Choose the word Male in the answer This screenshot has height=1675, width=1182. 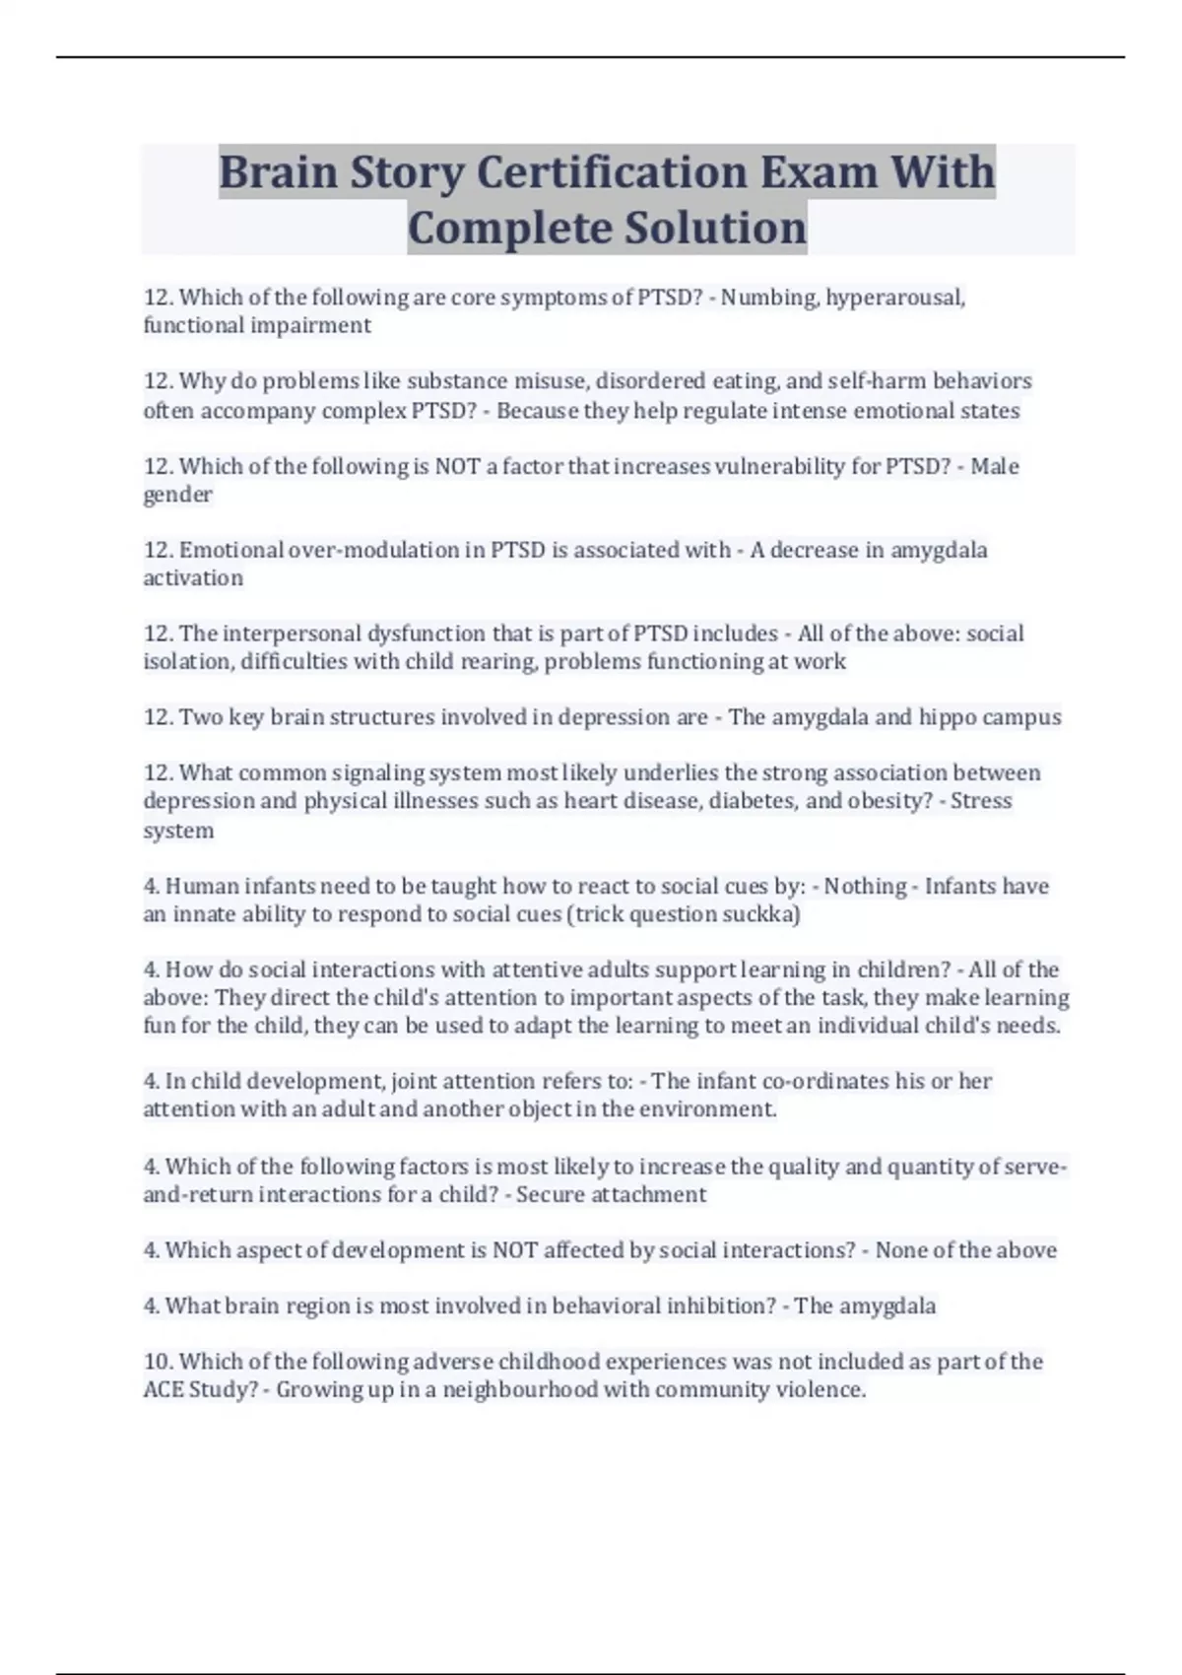pyautogui.click(x=995, y=466)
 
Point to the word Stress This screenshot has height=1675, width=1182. pyautogui.click(x=982, y=801)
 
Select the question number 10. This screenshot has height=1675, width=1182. pyautogui.click(x=159, y=1362)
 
